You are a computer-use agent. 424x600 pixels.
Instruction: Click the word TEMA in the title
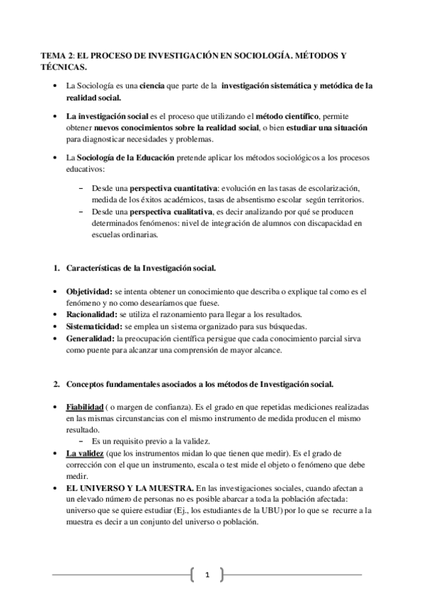(53, 55)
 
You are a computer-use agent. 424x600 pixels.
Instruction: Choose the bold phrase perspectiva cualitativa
(165, 212)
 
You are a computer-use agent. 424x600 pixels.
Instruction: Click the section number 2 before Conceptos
(57, 383)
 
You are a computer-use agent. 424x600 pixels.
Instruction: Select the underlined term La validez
(84, 453)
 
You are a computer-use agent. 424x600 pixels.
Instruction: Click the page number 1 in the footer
(207, 575)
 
